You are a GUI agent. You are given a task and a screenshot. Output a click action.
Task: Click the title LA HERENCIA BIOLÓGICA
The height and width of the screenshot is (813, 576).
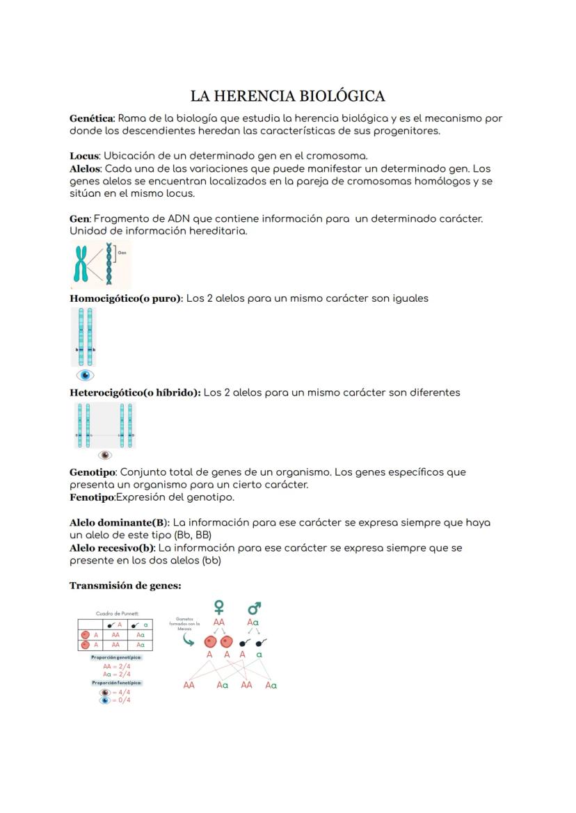pos(287,96)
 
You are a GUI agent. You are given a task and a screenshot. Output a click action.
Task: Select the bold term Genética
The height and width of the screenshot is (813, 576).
pos(91,118)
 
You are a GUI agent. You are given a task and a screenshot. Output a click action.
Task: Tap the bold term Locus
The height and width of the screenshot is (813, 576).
pos(84,156)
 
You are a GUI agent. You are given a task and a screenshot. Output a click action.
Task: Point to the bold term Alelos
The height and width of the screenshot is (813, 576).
pos(86,168)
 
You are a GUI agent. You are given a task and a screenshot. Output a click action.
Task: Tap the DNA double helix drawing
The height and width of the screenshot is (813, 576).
pos(109,264)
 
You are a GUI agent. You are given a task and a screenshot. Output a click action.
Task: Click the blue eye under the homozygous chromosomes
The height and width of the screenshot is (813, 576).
pos(85,376)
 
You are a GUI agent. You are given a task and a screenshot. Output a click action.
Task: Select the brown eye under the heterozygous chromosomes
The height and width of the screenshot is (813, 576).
pos(104,455)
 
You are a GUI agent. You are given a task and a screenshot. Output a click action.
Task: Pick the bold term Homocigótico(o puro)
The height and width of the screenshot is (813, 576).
pos(126,298)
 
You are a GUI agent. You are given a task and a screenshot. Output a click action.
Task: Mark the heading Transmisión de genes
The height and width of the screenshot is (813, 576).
pos(125,586)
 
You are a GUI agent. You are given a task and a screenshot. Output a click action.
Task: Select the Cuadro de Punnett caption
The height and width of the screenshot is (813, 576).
pos(117,613)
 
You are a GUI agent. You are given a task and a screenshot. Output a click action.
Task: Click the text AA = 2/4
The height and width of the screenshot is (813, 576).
pos(116,666)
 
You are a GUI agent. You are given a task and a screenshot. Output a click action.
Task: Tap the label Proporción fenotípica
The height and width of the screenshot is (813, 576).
pos(116,683)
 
